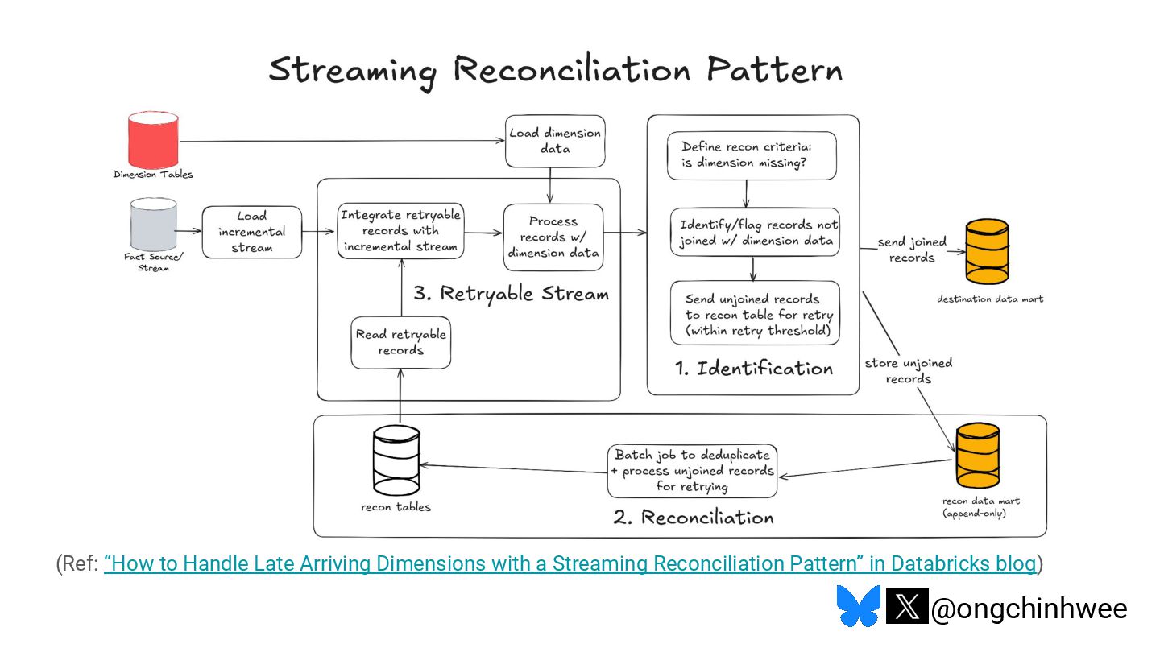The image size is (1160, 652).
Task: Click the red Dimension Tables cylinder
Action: (x=153, y=140)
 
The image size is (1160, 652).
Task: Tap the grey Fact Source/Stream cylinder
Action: (x=153, y=224)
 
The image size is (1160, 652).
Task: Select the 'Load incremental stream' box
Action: (x=251, y=232)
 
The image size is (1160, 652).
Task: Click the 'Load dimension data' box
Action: (x=555, y=142)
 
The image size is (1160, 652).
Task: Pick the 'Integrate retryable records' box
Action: (x=401, y=231)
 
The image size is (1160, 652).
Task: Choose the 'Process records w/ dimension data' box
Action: (x=553, y=237)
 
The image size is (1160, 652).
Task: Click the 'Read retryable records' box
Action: (x=401, y=343)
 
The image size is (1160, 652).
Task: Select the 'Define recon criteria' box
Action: (x=752, y=155)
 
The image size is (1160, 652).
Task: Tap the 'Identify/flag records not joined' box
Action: (x=755, y=233)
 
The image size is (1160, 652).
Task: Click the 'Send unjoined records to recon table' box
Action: (x=755, y=313)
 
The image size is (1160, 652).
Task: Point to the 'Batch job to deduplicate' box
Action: (x=693, y=471)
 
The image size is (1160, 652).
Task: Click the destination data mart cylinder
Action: (x=987, y=251)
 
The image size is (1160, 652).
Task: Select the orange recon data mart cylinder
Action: (x=978, y=456)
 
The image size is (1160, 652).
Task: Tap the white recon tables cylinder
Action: (x=396, y=460)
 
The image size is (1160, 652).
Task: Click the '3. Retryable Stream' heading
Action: (x=511, y=294)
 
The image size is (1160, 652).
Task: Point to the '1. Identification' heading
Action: (x=754, y=369)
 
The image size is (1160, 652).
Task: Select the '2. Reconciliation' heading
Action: (x=694, y=517)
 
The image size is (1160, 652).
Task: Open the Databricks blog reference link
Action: (x=570, y=563)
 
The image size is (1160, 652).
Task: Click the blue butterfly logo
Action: (x=859, y=605)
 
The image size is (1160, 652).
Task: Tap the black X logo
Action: (x=907, y=606)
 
